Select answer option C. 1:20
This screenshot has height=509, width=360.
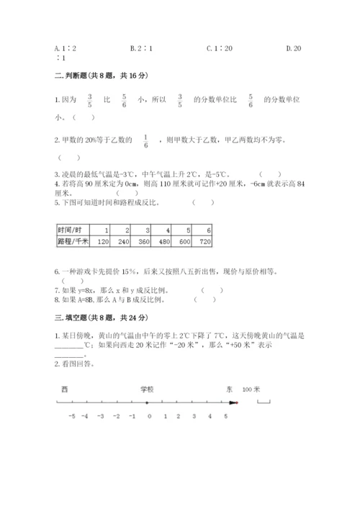[217, 49]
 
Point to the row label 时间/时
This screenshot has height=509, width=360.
[71, 230]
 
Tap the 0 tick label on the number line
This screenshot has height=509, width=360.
[149, 416]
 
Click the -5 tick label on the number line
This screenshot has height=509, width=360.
[71, 416]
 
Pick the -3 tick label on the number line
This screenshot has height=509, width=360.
[102, 416]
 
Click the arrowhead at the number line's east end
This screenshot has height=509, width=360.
[232, 402]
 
